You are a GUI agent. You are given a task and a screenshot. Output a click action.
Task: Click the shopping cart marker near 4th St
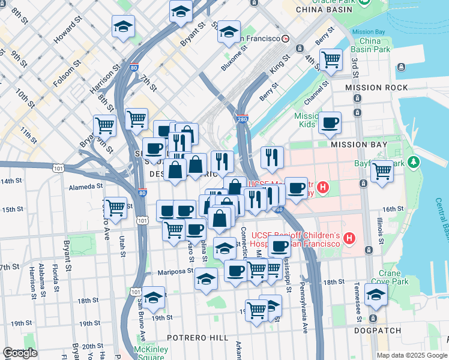click(x=330, y=60)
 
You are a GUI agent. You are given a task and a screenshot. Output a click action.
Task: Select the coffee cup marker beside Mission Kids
click(x=330, y=123)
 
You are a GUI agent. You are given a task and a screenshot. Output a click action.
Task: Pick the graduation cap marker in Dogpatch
click(x=376, y=295)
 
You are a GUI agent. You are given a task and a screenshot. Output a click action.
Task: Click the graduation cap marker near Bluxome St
click(x=229, y=32)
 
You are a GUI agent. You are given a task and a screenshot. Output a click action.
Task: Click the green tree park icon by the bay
click(x=413, y=162)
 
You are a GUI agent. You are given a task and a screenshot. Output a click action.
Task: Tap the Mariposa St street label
click(x=174, y=272)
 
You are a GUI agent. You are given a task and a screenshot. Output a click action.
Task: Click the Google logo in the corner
click(x=20, y=353)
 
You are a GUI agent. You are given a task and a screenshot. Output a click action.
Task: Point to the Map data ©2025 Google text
click(x=412, y=355)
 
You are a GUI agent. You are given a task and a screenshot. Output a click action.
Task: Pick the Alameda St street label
click(x=86, y=187)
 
